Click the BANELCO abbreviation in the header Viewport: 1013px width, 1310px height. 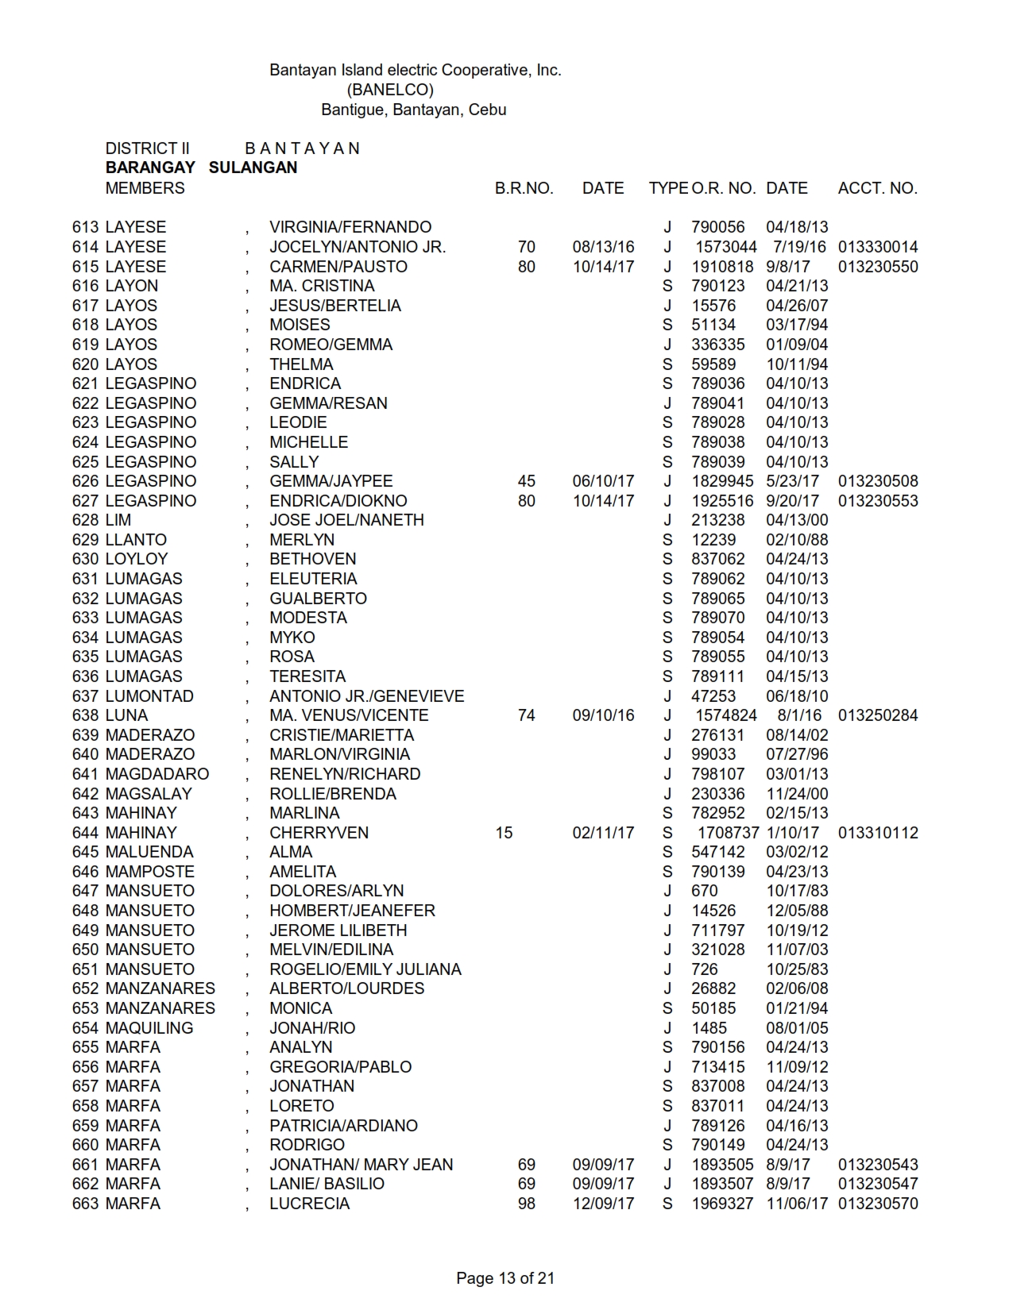coord(389,90)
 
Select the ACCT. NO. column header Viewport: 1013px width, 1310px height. coord(877,188)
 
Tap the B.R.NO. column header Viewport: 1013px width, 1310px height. coord(524,188)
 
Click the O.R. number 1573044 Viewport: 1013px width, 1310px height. coord(725,247)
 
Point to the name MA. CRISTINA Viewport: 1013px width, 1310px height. coord(322,286)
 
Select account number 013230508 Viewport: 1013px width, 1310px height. coord(877,481)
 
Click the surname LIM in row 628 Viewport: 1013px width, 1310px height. coord(118,520)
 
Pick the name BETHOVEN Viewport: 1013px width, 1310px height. coord(312,559)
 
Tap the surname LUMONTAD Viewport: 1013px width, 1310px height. coord(149,696)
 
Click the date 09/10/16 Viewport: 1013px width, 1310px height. coord(603,715)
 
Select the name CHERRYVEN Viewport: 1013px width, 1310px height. coord(319,833)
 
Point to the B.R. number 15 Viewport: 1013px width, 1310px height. coord(504,833)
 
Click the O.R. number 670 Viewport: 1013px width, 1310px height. coord(704,891)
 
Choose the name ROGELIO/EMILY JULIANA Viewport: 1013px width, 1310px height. coord(365,969)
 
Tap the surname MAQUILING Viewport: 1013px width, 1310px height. coord(149,1028)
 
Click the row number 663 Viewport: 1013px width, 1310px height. coord(85,1204)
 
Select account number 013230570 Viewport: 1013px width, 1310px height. coord(877,1204)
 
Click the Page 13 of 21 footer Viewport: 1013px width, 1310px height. coord(505,1278)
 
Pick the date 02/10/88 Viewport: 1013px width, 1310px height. coord(796,540)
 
